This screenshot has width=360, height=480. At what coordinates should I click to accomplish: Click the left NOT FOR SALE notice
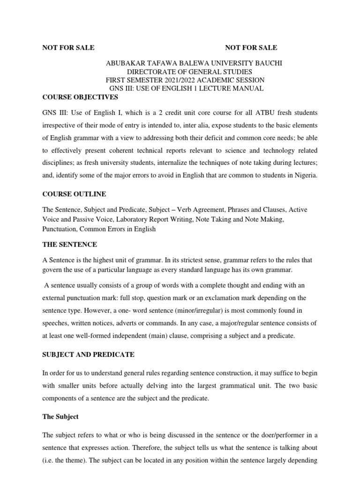(x=68, y=47)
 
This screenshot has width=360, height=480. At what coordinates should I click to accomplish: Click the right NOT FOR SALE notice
(x=251, y=47)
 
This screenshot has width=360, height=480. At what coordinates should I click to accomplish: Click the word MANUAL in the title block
(x=248, y=89)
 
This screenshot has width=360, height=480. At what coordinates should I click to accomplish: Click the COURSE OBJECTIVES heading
(x=80, y=97)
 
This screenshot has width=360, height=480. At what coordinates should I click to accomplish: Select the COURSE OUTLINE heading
(x=74, y=194)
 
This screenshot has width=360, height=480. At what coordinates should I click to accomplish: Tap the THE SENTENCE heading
(x=70, y=244)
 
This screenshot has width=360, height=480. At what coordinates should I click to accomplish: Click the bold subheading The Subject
(x=60, y=416)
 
